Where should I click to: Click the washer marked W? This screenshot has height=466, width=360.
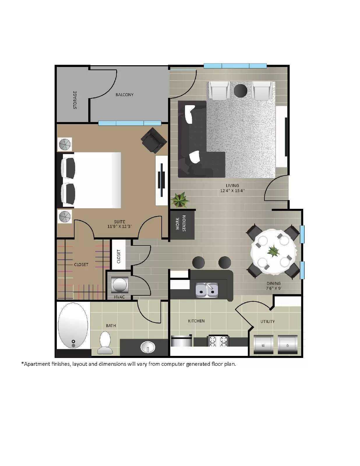pyautogui.click(x=263, y=345)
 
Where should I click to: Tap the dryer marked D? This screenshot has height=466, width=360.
pyautogui.click(x=287, y=345)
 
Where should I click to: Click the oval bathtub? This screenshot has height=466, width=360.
pyautogui.click(x=73, y=326)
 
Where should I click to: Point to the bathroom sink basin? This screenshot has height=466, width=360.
pyautogui.click(x=148, y=347)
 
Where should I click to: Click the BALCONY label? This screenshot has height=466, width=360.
pyautogui.click(x=124, y=95)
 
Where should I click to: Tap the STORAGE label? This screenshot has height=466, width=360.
pyautogui.click(x=75, y=100)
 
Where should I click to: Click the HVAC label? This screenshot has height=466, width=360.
pyautogui.click(x=119, y=297)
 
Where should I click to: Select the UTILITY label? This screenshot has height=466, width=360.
pyautogui.click(x=267, y=322)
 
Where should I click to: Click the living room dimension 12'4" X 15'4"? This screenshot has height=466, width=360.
pyautogui.click(x=232, y=191)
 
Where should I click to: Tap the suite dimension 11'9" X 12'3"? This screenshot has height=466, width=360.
pyautogui.click(x=119, y=226)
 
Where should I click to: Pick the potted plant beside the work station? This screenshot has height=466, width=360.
pyautogui.click(x=179, y=200)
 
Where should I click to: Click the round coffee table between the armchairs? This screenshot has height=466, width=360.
pyautogui.click(x=241, y=91)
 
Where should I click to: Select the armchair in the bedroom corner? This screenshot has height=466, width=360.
pyautogui.click(x=153, y=140)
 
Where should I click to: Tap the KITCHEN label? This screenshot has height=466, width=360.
pyautogui.click(x=196, y=321)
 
